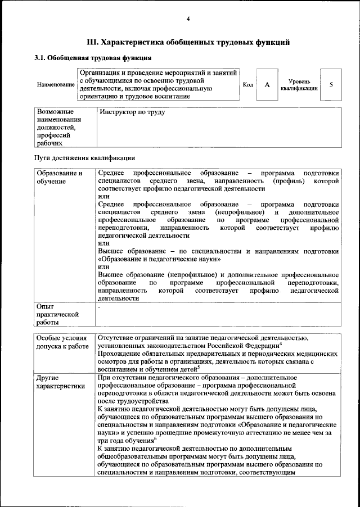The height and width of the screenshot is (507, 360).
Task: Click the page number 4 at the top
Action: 188,20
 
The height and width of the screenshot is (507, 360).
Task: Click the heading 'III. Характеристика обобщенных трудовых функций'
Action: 188,42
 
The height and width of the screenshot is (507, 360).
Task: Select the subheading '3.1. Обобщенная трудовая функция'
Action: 92,58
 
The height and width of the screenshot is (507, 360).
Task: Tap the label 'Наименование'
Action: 56,85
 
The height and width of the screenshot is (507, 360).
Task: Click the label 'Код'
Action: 247,84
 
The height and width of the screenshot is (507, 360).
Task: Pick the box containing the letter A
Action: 267,85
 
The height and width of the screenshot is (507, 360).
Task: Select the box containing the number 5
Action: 331,85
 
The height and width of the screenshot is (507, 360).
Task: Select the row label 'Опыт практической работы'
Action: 56,315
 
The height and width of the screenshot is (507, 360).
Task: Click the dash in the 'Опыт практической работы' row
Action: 99,307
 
